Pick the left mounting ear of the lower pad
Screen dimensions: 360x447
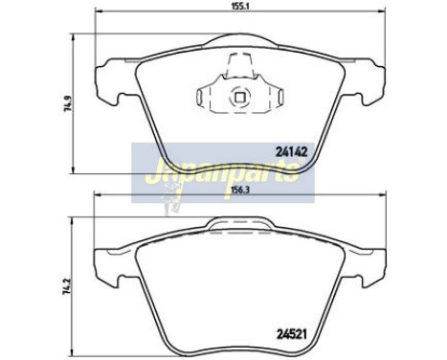[x=106, y=258]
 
